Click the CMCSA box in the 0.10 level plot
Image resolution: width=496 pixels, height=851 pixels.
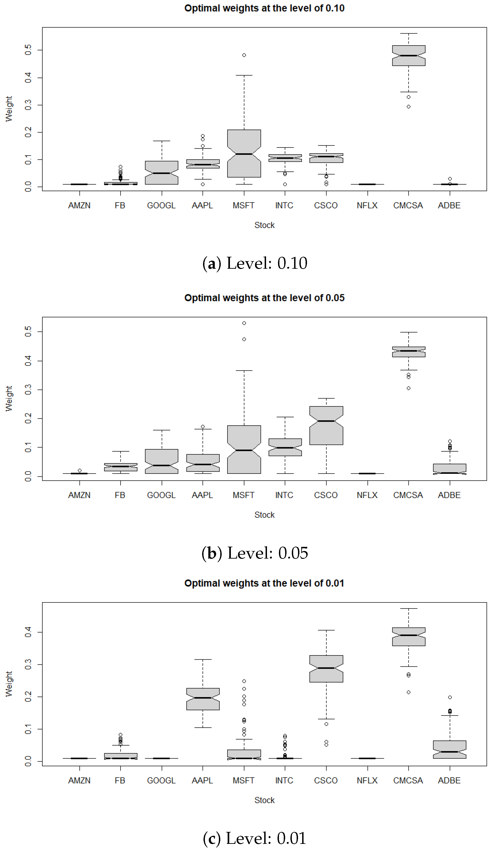(409, 56)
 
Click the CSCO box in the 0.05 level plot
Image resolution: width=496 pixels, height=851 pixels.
(326, 426)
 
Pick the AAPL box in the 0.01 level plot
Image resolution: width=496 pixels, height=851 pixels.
(203, 699)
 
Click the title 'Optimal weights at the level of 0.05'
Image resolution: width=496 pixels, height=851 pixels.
(264, 298)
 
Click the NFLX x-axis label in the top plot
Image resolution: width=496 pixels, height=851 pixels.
(367, 205)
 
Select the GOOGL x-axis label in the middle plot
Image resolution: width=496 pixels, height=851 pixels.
(161, 495)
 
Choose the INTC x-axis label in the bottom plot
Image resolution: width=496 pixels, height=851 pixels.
(284, 780)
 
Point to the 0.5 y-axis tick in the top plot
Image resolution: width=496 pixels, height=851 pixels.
(28, 50)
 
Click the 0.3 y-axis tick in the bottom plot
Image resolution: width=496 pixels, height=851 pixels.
(28, 664)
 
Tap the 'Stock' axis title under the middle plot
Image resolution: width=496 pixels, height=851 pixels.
(264, 515)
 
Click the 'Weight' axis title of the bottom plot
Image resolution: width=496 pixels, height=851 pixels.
(9, 684)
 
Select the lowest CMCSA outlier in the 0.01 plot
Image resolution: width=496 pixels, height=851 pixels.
(409, 692)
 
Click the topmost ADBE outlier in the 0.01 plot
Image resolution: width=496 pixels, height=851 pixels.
(450, 697)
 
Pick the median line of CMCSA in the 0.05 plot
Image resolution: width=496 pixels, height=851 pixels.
(409, 351)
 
